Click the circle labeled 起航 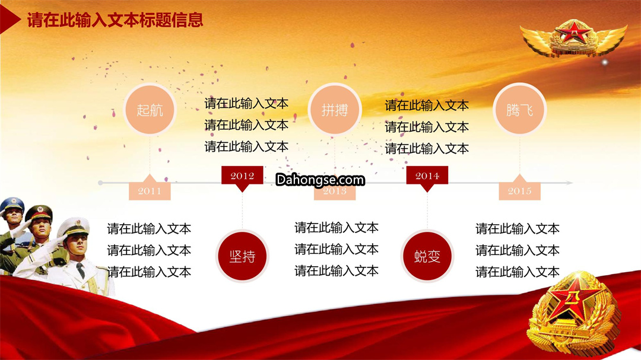(x=150, y=110)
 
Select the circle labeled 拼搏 (x=334, y=110)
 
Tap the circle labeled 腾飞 (x=519, y=110)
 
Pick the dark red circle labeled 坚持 (x=242, y=256)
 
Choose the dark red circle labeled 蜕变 (x=427, y=256)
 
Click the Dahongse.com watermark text (x=320, y=179)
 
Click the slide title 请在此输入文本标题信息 (x=115, y=20)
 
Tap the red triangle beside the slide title (x=9, y=18)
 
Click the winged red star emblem (x=573, y=37)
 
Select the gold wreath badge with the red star (x=573, y=313)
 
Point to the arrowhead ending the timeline (x=569, y=183)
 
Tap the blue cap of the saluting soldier (x=12, y=204)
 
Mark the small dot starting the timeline (x=100, y=183)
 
